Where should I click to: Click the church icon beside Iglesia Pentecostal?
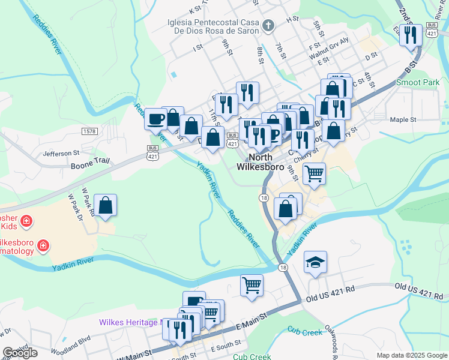point(268,26)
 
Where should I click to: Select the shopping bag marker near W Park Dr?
point(106,205)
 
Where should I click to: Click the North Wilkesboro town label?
point(261,162)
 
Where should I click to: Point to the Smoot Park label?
point(418,82)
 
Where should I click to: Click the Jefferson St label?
point(61,153)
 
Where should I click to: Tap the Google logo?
point(20,353)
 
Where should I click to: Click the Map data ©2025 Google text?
point(411,355)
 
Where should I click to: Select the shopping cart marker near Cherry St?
point(315,174)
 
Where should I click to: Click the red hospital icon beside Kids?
point(26,222)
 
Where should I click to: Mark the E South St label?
point(226,349)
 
